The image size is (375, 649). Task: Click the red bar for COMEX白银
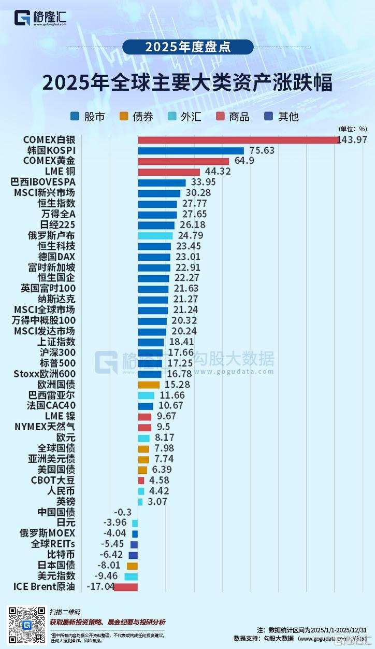coord(238,140)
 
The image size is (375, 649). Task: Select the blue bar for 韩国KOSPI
coord(191,151)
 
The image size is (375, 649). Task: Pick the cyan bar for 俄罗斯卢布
coord(155,235)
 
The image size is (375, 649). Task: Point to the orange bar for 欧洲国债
coord(149,385)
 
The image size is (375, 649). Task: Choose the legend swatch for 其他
coord(269,117)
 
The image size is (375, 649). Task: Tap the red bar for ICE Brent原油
coord(126,587)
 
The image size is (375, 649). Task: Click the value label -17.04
coord(100,587)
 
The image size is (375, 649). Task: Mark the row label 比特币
coord(61,555)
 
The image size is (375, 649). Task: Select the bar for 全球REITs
coord(134,544)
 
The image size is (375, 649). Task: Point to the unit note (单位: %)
coord(353,129)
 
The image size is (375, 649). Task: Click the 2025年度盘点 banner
coord(188,47)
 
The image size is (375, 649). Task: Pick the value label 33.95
coord(204,182)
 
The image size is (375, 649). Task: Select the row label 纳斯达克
coord(56,299)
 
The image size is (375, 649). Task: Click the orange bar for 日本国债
coord(133,566)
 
